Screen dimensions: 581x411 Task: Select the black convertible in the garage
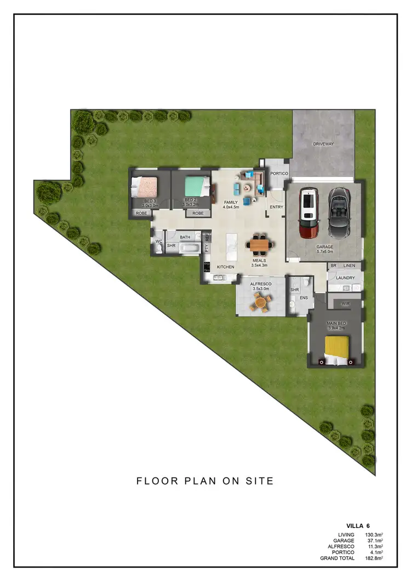coord(339,212)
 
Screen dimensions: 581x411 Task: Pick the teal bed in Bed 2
coord(196,187)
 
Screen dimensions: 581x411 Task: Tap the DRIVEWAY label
coord(323,144)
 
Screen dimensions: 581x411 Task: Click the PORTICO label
coord(279,173)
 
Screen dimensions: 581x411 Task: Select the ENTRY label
coord(276,207)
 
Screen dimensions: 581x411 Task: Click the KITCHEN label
coord(225,267)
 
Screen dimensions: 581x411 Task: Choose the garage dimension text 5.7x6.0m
coord(325,253)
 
